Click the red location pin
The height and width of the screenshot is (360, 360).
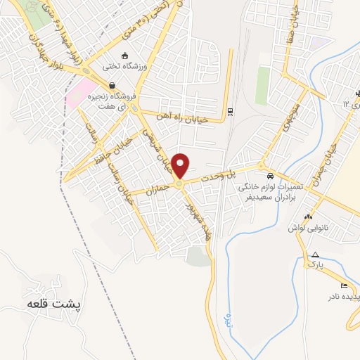point(181,166)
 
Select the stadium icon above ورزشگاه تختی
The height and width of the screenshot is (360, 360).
point(125,56)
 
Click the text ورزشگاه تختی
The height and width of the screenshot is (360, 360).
point(124,67)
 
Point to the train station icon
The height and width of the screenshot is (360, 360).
point(230,111)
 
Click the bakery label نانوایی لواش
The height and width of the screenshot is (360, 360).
point(307,229)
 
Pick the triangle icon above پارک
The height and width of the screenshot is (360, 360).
point(316,255)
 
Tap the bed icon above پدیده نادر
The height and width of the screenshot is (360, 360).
point(343,285)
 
